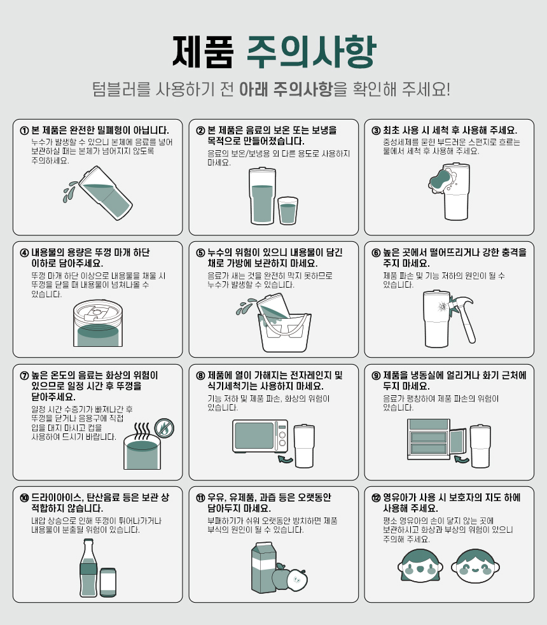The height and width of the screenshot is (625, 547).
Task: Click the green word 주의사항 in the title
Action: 311,52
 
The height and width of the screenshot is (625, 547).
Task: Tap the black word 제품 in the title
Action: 203,52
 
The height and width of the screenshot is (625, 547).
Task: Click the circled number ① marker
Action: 24,130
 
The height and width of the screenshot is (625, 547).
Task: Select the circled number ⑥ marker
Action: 376,253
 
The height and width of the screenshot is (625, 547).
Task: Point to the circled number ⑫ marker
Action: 376,498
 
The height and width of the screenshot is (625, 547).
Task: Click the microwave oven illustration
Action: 260,436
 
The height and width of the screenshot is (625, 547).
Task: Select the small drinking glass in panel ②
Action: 287,211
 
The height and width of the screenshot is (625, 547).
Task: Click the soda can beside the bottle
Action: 108,582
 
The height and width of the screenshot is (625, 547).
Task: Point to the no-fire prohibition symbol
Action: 163,428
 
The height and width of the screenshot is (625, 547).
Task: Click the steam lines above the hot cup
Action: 142,430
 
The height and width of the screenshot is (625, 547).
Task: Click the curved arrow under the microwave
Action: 285,460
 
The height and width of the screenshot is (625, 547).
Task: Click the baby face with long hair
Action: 420,566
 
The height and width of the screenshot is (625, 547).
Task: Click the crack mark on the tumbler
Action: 442,307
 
